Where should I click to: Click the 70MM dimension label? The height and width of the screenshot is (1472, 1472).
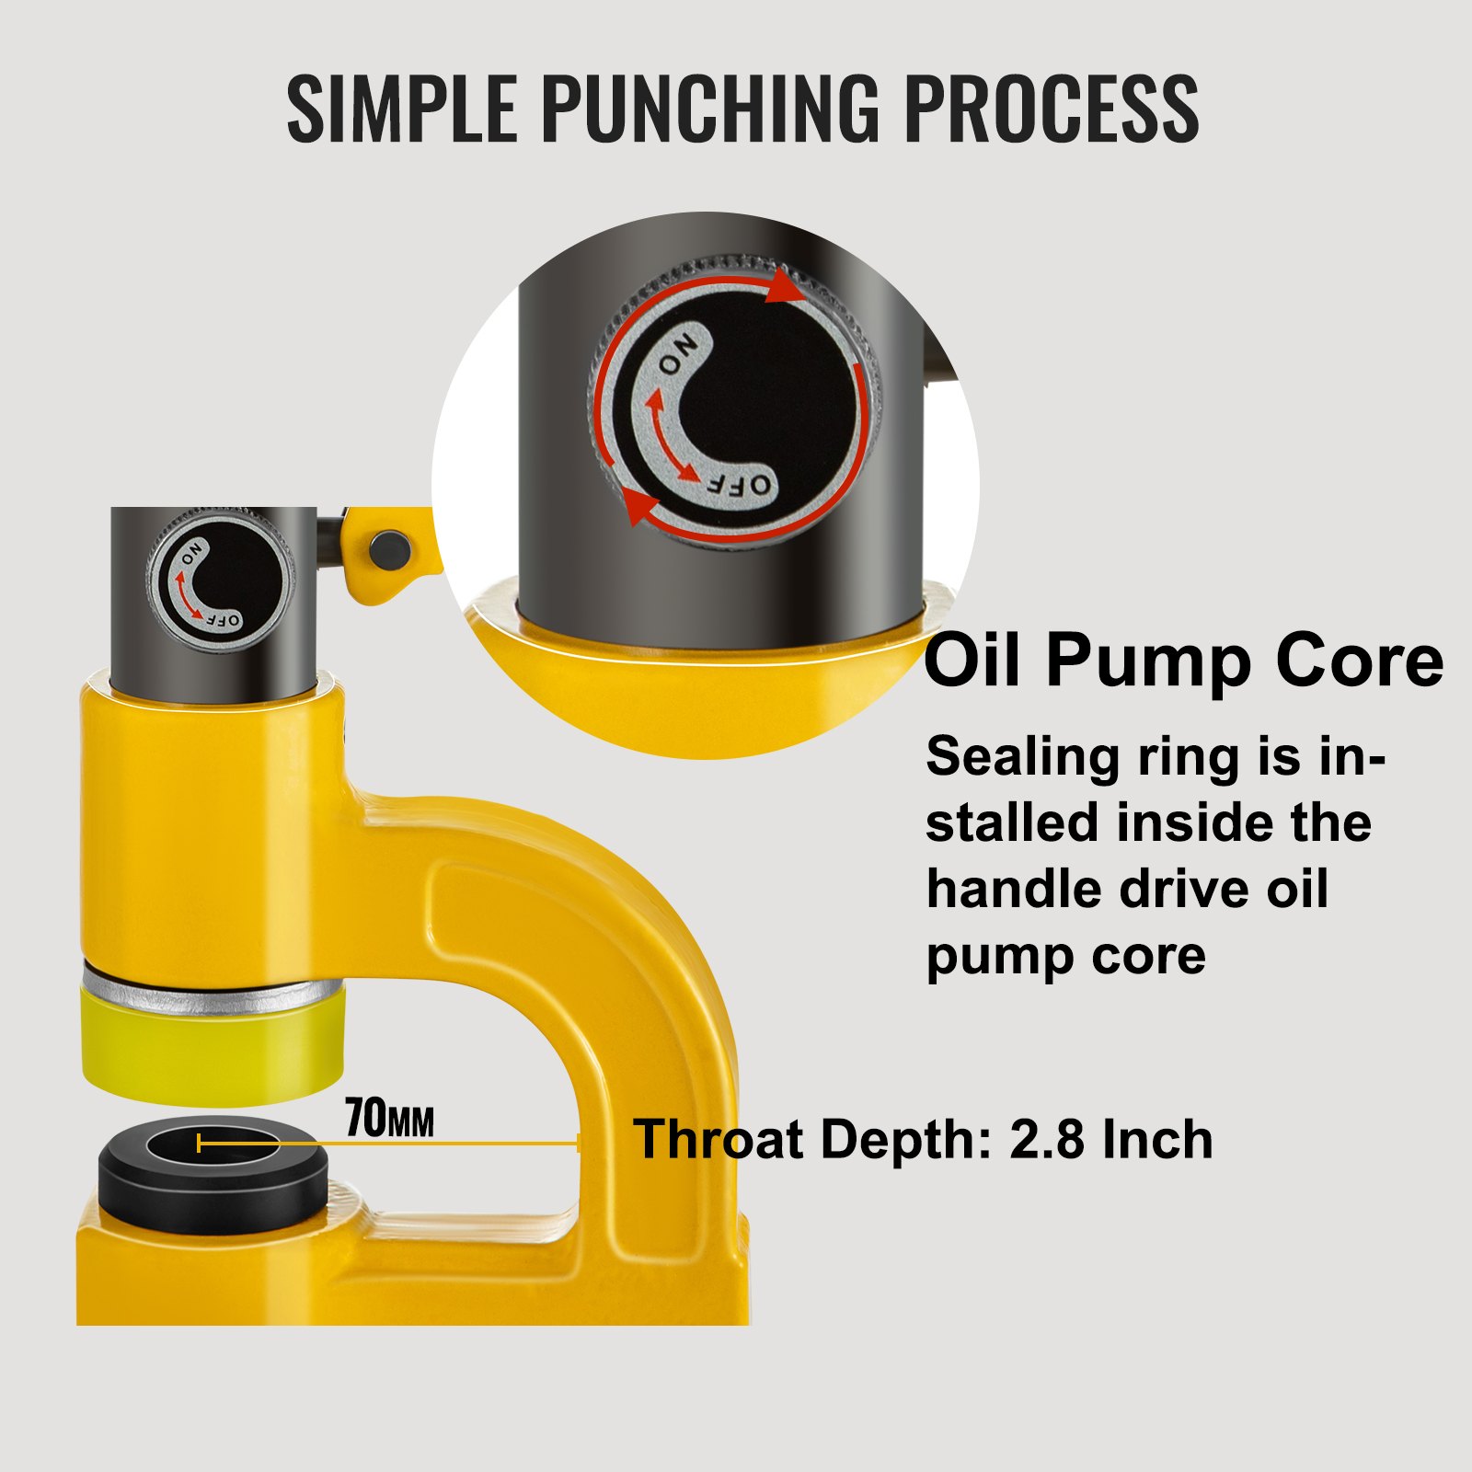389,1120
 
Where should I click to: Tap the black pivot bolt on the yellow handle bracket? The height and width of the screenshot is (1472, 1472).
390,549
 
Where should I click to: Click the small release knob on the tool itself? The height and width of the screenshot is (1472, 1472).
220,583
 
